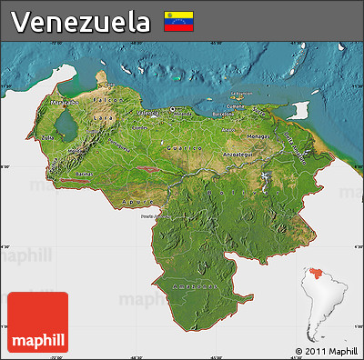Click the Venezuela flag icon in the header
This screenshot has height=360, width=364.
(178, 20)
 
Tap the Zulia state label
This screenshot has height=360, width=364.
(46, 137)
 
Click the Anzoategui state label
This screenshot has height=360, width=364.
(238, 155)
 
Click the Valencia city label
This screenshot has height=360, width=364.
(147, 112)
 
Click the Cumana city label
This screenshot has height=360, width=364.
(236, 105)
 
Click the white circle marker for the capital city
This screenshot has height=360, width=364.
(171, 110)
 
